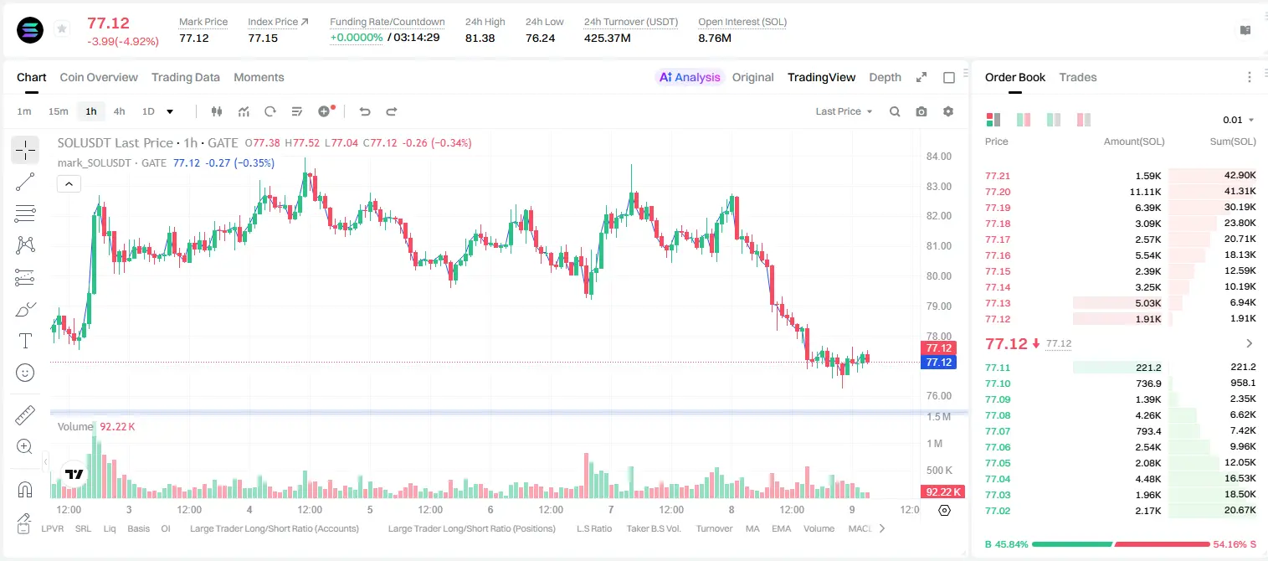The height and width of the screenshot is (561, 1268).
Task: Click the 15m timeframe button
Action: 59,111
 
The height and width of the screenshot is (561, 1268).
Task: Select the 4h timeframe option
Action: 119,111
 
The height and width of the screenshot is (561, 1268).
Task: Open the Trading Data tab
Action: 186,78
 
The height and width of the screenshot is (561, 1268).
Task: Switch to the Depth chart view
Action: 885,78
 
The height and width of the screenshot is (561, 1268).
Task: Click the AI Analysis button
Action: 690,78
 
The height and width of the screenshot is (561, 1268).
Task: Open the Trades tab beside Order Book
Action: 1078,78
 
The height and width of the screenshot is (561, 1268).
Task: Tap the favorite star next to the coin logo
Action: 62,28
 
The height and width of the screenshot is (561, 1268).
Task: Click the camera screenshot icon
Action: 921,111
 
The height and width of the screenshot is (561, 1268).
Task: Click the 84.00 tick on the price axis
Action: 939,157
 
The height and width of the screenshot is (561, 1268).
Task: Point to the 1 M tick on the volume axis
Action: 935,444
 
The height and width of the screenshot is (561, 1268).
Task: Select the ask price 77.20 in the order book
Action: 998,192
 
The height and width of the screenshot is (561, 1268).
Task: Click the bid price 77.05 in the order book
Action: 998,463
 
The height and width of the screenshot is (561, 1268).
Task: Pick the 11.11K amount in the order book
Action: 1145,192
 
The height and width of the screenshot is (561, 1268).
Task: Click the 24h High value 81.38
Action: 480,38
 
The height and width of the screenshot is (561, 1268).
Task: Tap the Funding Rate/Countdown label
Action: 388,22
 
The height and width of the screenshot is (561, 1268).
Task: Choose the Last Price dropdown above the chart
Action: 844,111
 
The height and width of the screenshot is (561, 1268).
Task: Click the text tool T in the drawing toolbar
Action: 25,341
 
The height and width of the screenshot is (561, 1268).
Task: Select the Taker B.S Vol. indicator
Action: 653,528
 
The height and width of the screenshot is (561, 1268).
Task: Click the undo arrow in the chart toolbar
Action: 365,111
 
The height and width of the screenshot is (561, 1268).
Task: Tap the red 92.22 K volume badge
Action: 942,492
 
